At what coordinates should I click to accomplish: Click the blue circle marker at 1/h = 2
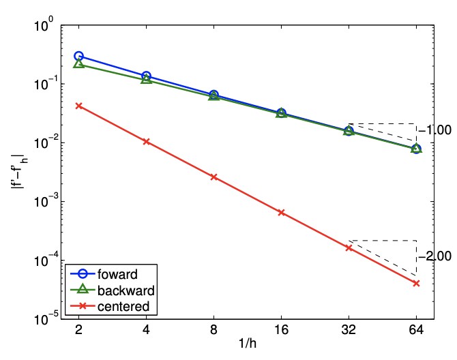pyautogui.click(x=78, y=57)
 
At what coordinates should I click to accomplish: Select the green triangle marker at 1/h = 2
pyautogui.click(x=78, y=63)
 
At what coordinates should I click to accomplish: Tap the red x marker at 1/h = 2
pyautogui.click(x=78, y=106)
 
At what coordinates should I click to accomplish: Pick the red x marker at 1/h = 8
pyautogui.click(x=213, y=177)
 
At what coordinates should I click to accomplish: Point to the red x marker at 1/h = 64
pyautogui.click(x=416, y=283)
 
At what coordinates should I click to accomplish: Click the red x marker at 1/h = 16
pyautogui.click(x=281, y=212)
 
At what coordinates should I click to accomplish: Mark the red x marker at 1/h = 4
pyautogui.click(x=146, y=141)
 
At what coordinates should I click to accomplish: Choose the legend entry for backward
pyautogui.click(x=126, y=290)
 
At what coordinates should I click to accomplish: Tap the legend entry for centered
pyautogui.click(x=123, y=306)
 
